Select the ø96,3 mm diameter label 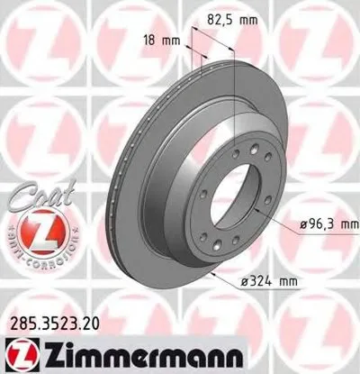(x=324, y=223)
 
